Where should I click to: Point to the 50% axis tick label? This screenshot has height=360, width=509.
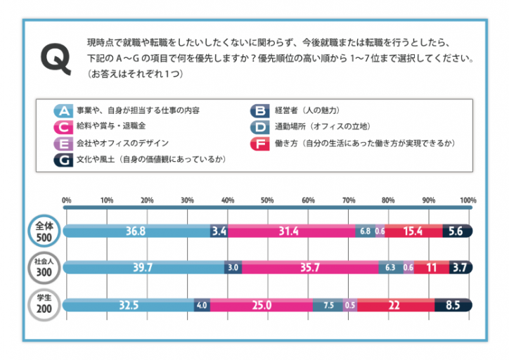pyautogui.click(x=267, y=201)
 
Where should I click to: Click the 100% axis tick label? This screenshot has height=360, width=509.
pyautogui.click(x=468, y=201)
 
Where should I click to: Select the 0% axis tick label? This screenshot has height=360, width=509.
pyautogui.click(x=67, y=201)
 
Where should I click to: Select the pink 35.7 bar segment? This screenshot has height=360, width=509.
pyautogui.click(x=309, y=268)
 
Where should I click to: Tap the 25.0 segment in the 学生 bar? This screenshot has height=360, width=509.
pyautogui.click(x=262, y=305)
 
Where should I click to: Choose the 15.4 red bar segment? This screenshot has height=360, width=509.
pyautogui.click(x=413, y=231)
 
